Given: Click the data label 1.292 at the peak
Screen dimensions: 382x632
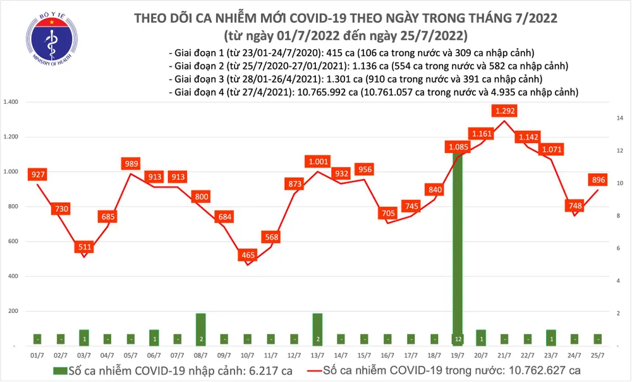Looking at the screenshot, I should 506,111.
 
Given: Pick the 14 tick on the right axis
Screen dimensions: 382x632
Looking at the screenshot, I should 621,118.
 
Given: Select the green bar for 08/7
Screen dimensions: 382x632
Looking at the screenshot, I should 200,330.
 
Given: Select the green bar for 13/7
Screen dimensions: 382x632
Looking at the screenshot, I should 317,330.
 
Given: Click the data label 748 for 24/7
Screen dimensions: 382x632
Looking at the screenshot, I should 574,206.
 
